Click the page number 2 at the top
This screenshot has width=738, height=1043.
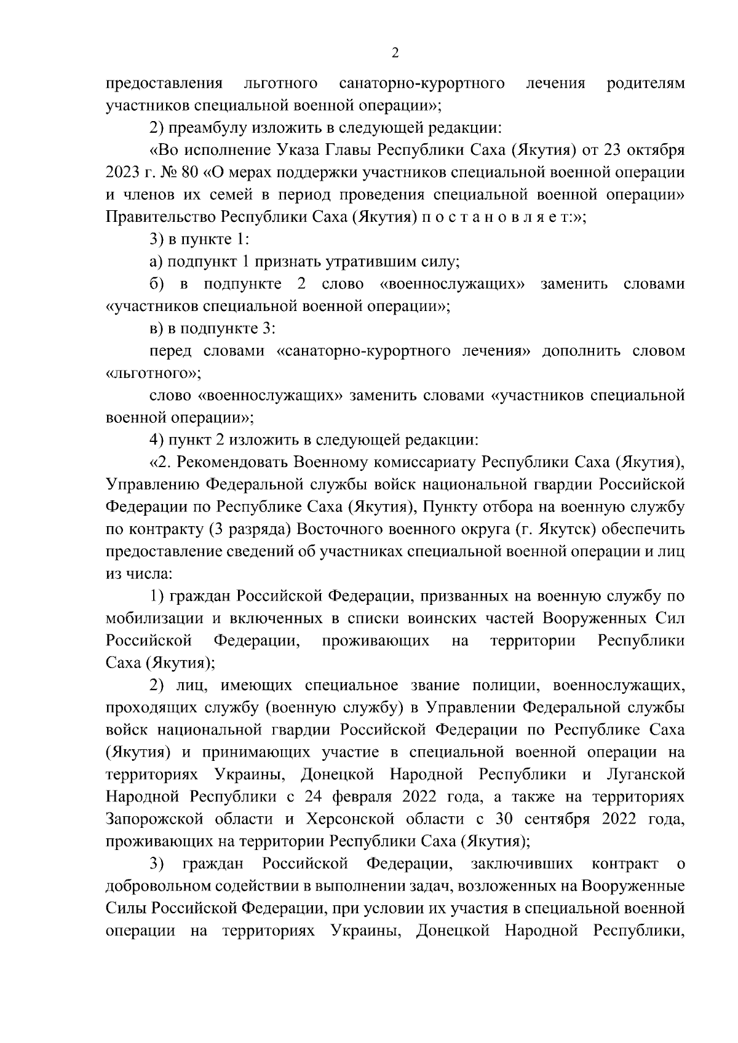tap(395, 53)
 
